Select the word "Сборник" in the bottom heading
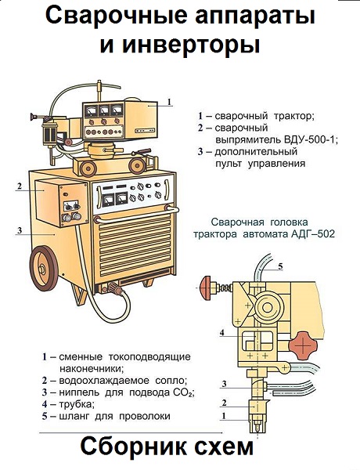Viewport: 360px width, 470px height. coord(130,448)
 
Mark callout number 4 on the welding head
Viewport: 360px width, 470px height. coord(223,332)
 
